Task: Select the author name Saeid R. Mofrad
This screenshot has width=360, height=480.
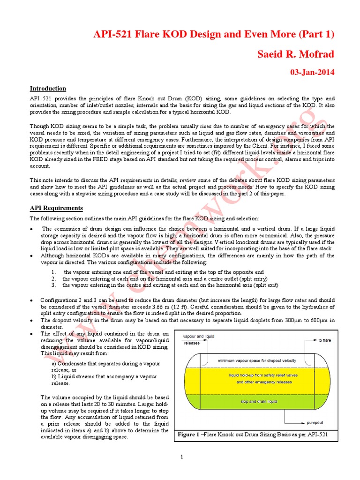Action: pos(296,54)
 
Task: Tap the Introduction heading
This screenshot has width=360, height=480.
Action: pos(48,88)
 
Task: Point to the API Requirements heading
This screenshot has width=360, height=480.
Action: pos(56,208)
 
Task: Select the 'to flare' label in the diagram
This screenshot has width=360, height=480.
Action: pos(324,340)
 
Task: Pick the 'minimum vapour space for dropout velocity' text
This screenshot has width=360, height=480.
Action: pos(257,360)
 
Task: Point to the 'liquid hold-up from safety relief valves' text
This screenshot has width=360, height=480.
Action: pos(259,375)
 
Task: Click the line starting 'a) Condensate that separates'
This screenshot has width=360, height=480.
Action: pos(105,364)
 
